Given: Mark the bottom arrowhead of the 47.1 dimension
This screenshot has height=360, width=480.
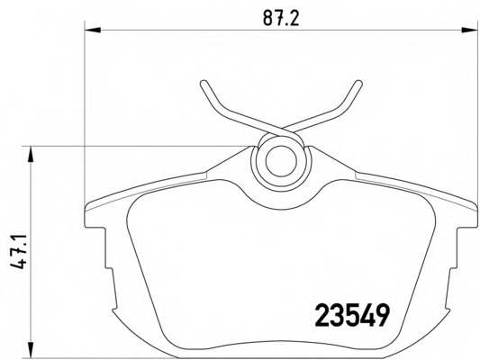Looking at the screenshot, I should click(33, 349).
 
